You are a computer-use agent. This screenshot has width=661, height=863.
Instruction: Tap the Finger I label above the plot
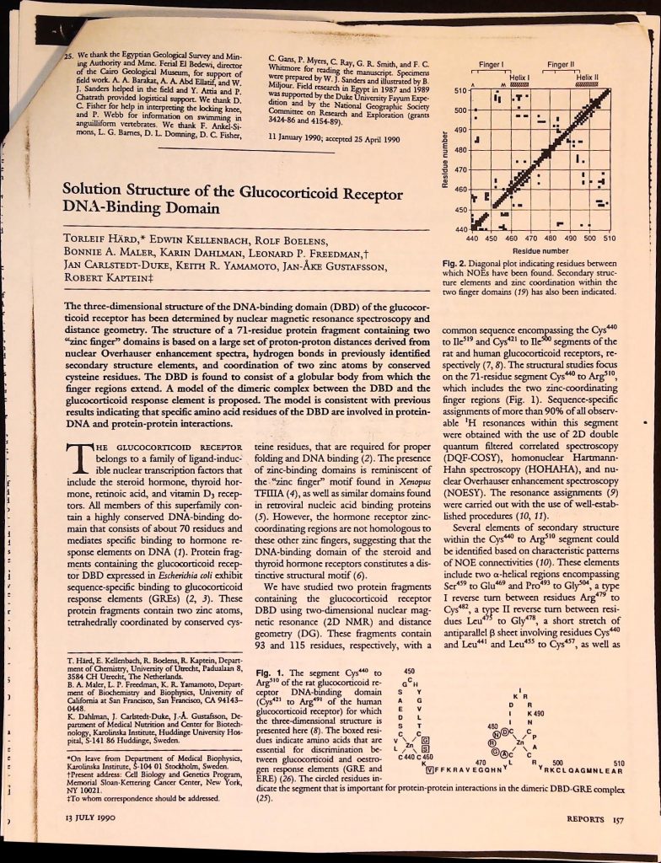[491, 64]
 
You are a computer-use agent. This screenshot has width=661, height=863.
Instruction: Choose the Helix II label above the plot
[586, 77]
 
